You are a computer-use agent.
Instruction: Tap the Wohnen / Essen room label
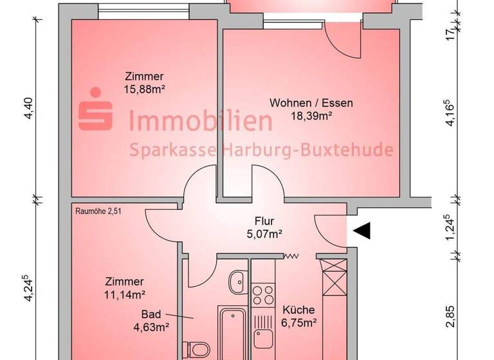coord(311,103)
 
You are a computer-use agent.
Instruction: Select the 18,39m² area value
coord(312,116)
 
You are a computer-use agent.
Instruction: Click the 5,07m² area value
coord(265,234)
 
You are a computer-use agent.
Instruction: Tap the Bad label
coord(152,315)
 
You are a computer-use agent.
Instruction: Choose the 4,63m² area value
coord(151,327)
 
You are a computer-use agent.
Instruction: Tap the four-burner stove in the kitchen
coord(262,296)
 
